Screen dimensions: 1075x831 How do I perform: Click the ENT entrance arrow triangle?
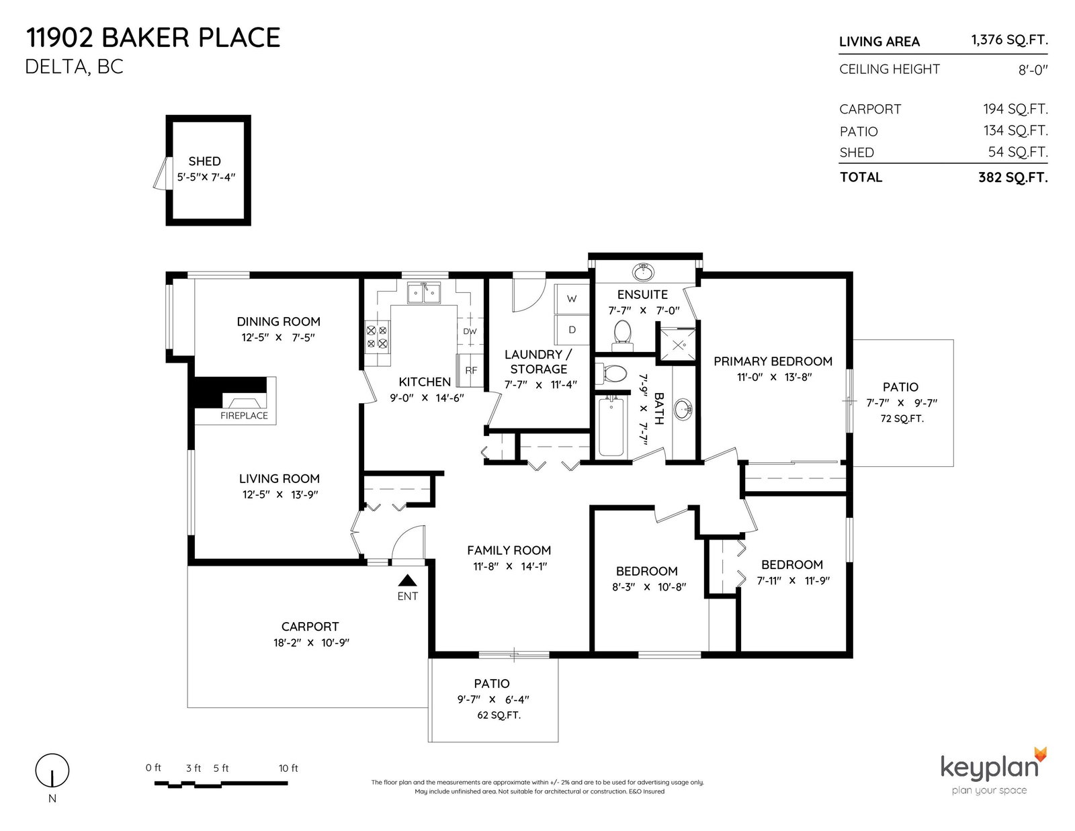point(408,580)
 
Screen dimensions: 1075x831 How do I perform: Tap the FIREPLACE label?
point(244,416)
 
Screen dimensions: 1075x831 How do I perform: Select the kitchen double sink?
point(424,293)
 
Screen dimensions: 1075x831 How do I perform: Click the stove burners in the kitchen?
point(377,337)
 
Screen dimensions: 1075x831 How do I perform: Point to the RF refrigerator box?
point(470,370)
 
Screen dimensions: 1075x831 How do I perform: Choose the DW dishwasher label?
point(470,331)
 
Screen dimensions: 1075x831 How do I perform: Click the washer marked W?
point(572,299)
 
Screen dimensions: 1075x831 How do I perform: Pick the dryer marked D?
point(572,329)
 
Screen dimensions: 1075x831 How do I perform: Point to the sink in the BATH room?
point(683,410)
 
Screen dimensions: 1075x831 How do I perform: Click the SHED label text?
point(204,161)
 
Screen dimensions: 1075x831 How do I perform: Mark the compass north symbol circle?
point(52,770)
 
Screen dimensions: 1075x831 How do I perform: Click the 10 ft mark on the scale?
point(288,768)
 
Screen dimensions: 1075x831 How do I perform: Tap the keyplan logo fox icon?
point(1040,754)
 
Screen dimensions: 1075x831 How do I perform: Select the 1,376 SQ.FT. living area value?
point(1009,40)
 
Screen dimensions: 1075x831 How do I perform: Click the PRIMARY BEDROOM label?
point(773,361)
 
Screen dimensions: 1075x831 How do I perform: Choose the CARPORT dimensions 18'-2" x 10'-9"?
point(311,642)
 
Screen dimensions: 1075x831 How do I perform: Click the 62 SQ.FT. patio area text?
point(499,715)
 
